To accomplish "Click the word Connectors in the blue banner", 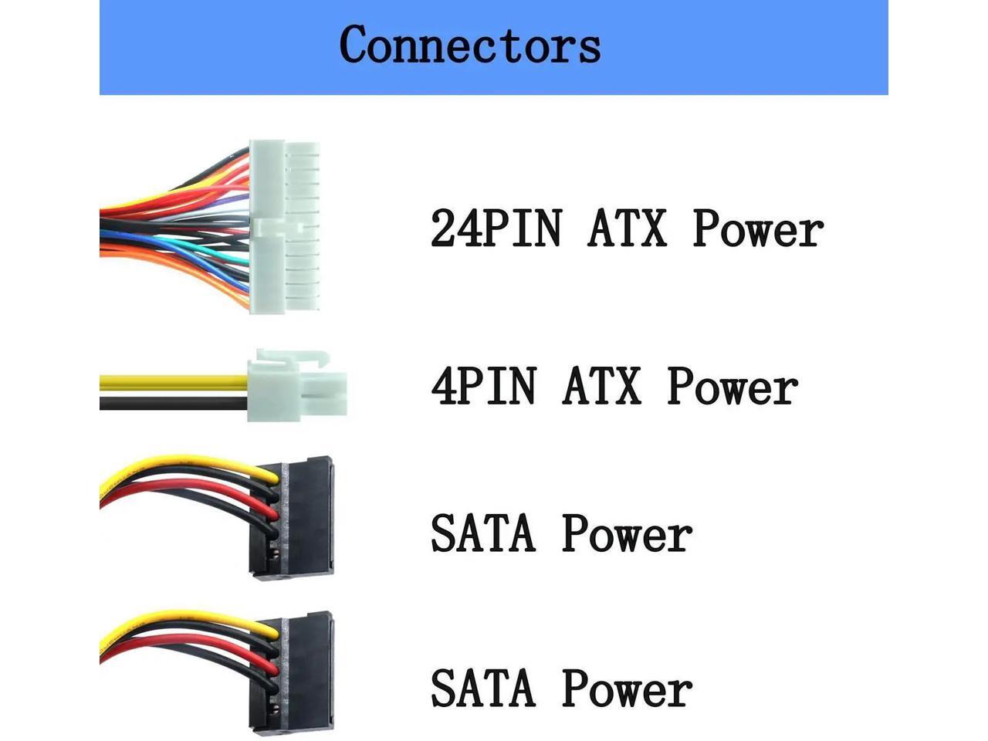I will pyautogui.click(x=469, y=45).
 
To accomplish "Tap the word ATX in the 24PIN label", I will pyautogui.click(x=627, y=228).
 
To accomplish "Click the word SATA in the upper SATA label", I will pyautogui.click(x=482, y=533).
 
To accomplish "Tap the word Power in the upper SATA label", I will pyautogui.click(x=626, y=533).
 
